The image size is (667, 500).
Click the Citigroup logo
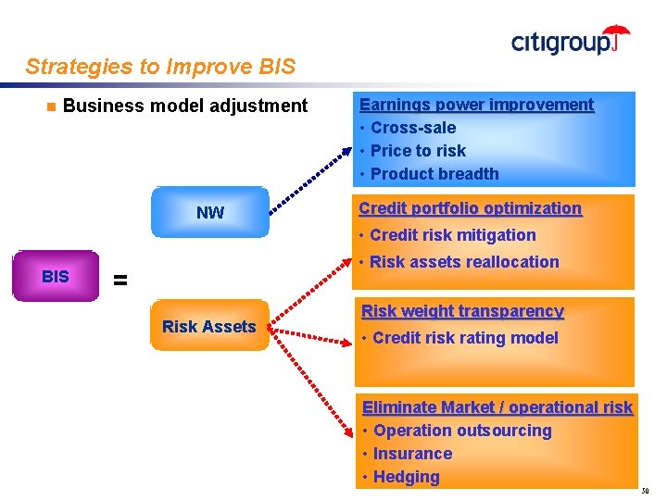click(x=570, y=41)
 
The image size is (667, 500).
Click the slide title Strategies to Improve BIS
click(x=160, y=67)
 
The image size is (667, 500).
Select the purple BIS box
click(x=56, y=276)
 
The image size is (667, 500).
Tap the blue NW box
click(x=210, y=213)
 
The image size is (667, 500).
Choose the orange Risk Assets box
click(x=208, y=326)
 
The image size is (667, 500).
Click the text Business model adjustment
click(x=185, y=106)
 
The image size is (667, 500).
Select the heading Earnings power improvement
click(x=476, y=105)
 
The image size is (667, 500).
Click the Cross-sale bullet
click(x=413, y=128)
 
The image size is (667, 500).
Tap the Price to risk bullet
click(x=418, y=151)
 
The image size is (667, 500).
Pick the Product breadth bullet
click(x=434, y=174)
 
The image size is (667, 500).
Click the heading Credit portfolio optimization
click(x=471, y=208)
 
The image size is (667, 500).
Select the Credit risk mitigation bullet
click(x=452, y=235)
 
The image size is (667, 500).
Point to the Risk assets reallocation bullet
click(x=464, y=262)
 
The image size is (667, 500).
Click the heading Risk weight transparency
click(x=462, y=311)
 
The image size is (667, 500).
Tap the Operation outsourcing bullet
click(x=462, y=431)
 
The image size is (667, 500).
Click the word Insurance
click(x=413, y=454)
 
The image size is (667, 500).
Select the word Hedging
click(x=407, y=477)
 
